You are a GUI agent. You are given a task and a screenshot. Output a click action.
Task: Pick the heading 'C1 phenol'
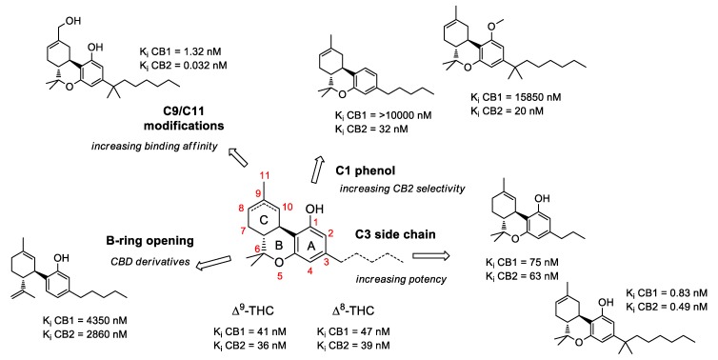click(x=365, y=169)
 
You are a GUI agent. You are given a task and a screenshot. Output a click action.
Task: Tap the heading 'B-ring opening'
click(x=152, y=229)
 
